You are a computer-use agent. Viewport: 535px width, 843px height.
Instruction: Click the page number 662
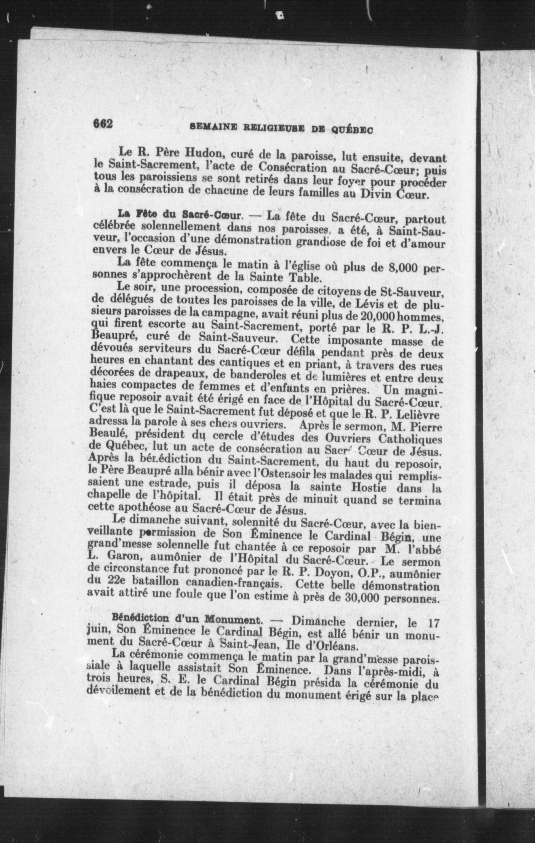pyautogui.click(x=103, y=124)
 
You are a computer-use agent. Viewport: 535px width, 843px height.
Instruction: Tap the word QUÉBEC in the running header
pyautogui.click(x=352, y=130)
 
